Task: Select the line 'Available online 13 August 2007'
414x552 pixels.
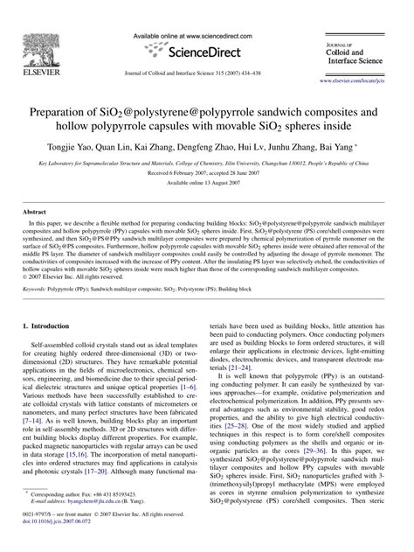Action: click(x=206, y=171)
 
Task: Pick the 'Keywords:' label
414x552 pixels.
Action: click(x=34, y=288)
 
